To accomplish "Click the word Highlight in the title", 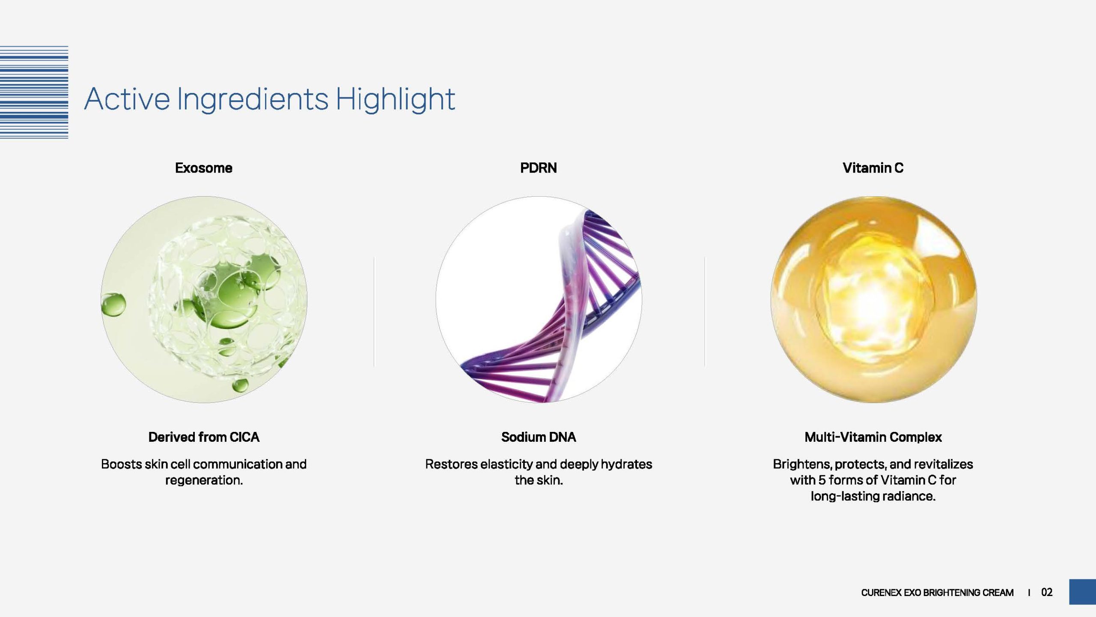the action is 395,99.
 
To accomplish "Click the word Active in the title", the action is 127,99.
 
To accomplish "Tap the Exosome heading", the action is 204,168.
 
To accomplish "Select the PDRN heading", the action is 539,168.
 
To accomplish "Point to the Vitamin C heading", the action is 873,168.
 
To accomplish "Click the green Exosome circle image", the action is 204,300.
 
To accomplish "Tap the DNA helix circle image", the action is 539,300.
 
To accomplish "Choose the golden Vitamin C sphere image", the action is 874,300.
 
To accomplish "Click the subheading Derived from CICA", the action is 204,437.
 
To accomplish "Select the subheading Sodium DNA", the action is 539,437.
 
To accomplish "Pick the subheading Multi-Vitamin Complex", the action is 873,437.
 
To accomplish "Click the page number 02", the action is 1047,593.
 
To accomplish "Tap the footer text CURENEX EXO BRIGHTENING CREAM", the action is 937,593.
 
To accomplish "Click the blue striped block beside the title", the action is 34,92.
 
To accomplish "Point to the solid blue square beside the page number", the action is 1082,592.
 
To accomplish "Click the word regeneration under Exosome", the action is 203,481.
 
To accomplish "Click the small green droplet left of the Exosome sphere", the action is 113,305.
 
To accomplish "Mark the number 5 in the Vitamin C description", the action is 822,480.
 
